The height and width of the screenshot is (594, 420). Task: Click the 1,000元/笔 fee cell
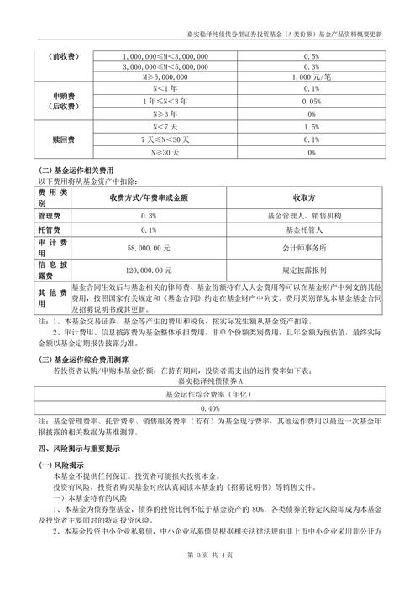pyautogui.click(x=312, y=75)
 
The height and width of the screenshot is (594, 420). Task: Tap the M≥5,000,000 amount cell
pyautogui.click(x=155, y=75)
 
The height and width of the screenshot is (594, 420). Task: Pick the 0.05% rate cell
pyautogui.click(x=312, y=101)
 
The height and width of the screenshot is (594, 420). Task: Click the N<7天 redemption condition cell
pyautogui.click(x=155, y=127)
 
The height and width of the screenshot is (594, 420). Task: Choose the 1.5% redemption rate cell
pyautogui.click(x=312, y=127)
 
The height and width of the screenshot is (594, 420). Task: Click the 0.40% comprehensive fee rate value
pyautogui.click(x=210, y=407)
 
